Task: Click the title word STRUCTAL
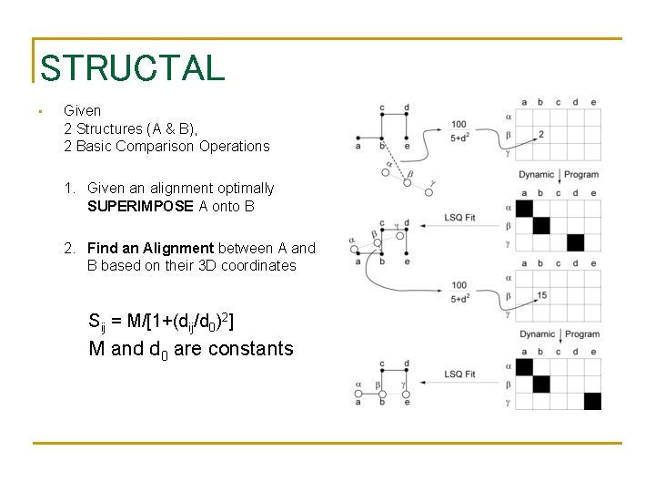click(132, 68)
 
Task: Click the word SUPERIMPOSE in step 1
click(141, 206)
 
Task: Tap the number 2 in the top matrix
click(541, 135)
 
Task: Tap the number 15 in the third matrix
click(541, 295)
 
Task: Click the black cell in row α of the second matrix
click(524, 208)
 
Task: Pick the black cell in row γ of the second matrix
click(575, 242)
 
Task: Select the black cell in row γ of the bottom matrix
click(592, 401)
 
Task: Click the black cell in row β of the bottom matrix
click(541, 384)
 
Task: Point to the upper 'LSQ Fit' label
click(459, 215)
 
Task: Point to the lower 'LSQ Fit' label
click(459, 374)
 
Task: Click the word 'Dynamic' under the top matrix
click(537, 174)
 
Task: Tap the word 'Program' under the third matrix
click(581, 334)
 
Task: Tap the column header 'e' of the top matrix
click(593, 102)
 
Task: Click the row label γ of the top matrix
click(507, 153)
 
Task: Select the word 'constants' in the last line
click(250, 348)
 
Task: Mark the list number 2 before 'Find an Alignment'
click(69, 248)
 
